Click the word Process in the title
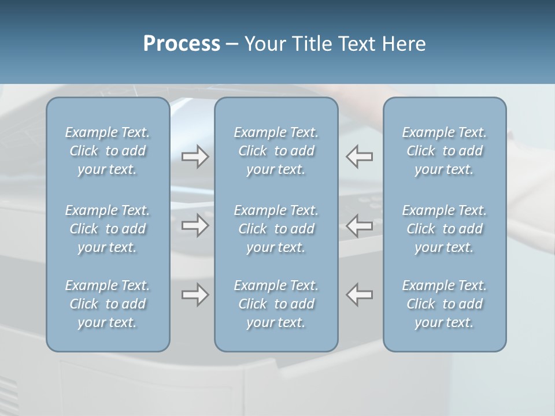point(182,44)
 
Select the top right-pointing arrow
point(195,157)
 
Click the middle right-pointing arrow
point(195,225)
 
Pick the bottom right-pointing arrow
point(195,295)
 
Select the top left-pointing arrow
point(360,157)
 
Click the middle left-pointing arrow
point(360,225)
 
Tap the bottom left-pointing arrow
point(360,295)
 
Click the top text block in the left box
point(108,151)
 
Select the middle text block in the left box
point(108,229)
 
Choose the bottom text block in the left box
point(108,304)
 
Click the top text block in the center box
point(276,151)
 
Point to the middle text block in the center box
point(276,229)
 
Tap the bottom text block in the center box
point(276,304)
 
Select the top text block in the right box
point(445,151)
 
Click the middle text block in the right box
point(445,229)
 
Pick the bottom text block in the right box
point(445,304)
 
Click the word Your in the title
point(263,44)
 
